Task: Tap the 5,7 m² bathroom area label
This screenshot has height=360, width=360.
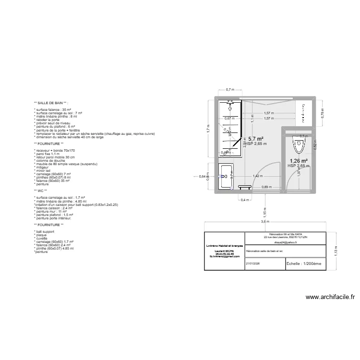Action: coord(255,138)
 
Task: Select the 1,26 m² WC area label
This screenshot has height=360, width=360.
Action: coord(298,161)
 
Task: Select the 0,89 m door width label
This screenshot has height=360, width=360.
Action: coord(264,187)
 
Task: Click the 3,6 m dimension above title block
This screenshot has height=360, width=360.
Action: coord(264,222)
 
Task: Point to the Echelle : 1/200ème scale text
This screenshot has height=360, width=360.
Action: coord(304,264)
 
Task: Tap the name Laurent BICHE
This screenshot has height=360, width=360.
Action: coord(224,251)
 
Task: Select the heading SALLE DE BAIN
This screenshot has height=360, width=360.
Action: coord(51,103)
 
